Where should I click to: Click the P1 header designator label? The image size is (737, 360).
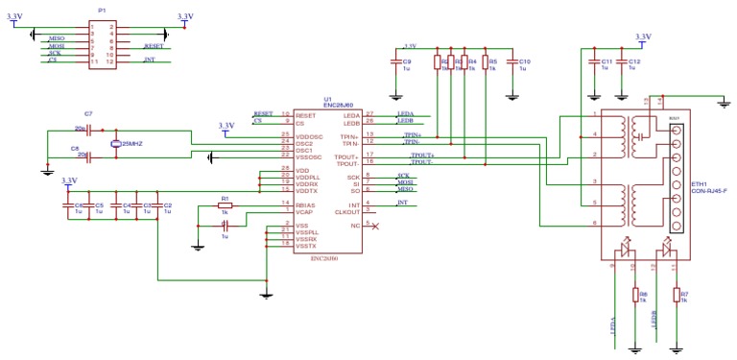pos(103,10)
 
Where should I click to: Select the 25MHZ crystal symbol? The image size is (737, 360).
pos(115,143)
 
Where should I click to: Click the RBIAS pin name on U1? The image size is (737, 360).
pos(306,204)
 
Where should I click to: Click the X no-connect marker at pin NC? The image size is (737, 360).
pos(373,226)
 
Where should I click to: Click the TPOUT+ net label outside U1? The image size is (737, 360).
pos(421,155)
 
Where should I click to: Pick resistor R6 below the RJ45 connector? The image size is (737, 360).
pos(634,296)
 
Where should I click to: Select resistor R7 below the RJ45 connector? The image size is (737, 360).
pos(678,296)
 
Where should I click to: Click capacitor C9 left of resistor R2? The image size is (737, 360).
pos(395,64)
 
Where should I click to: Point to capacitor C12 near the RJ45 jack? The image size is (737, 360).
pos(624,64)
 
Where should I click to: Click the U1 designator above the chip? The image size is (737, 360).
pos(327,99)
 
